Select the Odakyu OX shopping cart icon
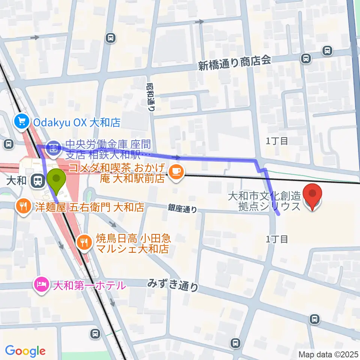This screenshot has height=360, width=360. pyautogui.click(x=22, y=122)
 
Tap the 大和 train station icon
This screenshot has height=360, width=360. pyautogui.click(x=37, y=181)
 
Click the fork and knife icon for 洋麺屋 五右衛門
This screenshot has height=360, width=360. pyautogui.click(x=24, y=206)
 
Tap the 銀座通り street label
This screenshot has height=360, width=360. pyautogui.click(x=182, y=208)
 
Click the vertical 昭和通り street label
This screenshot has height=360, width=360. pyautogui.click(x=151, y=97)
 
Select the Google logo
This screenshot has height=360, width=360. pyautogui.click(x=25, y=351)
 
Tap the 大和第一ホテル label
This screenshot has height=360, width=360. pyautogui.click(x=89, y=286)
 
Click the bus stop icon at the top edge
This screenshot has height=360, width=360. pyautogui.click(x=111, y=37)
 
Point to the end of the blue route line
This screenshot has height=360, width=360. pyautogui.click(x=279, y=214)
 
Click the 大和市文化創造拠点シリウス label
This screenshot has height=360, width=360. pyautogui.click(x=264, y=201)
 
